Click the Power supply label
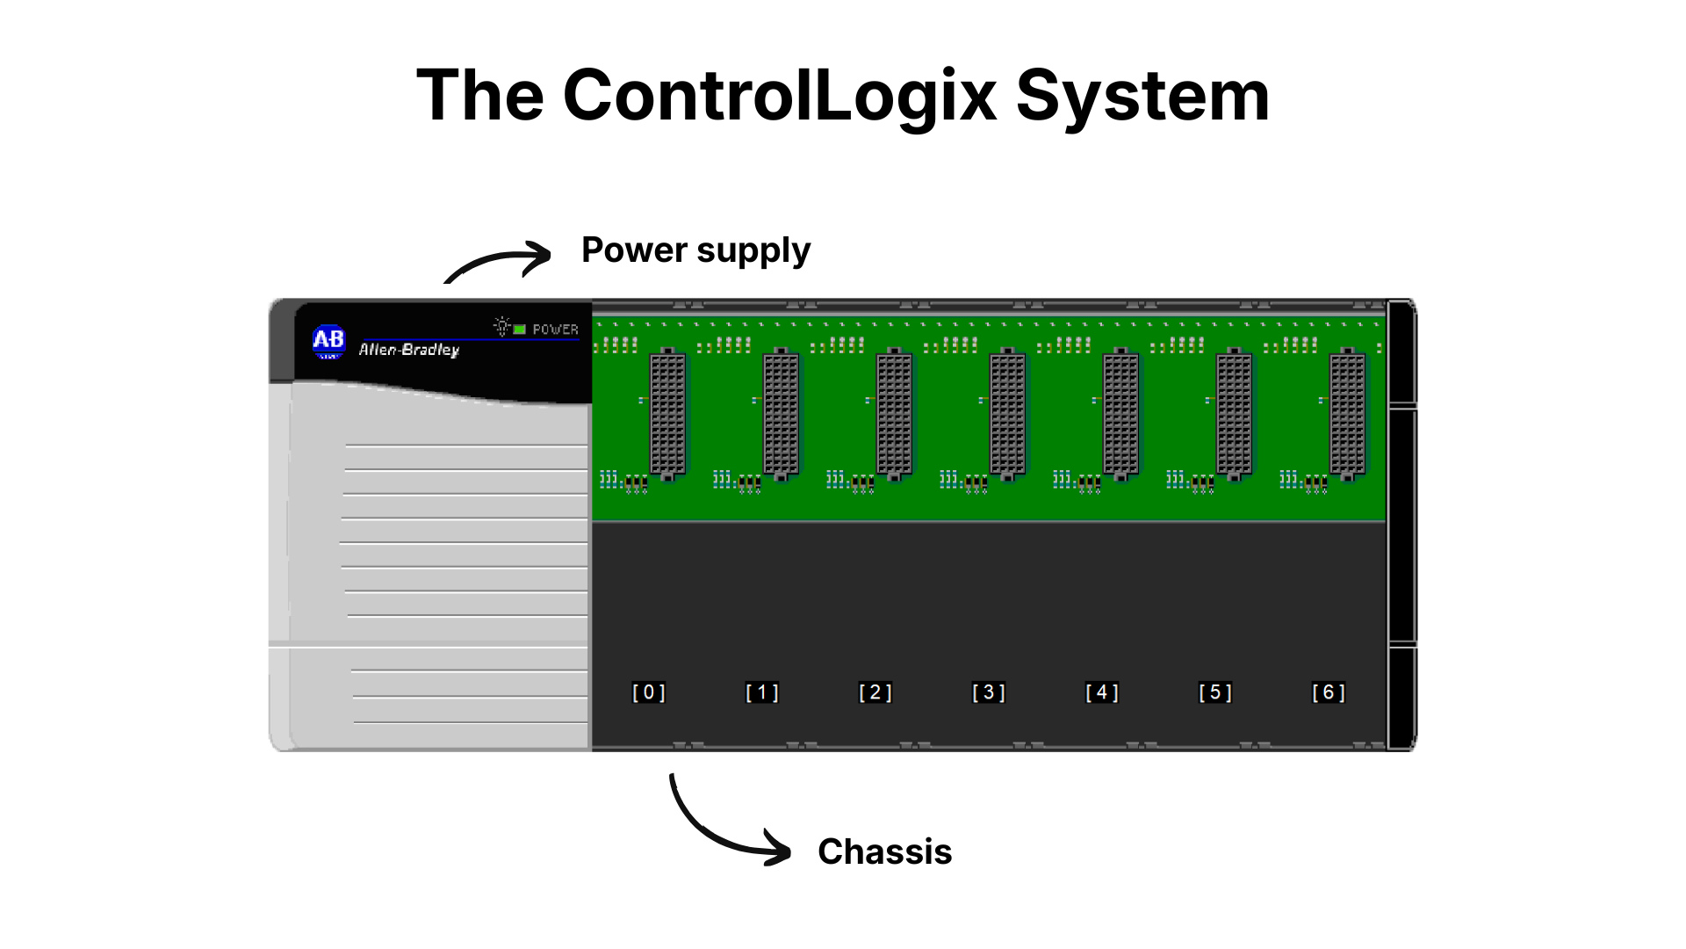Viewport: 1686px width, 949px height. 695,251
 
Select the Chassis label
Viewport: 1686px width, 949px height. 884,851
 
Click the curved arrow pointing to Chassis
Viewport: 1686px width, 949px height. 711,836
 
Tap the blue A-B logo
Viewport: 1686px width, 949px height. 329,342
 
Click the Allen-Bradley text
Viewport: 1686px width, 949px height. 409,350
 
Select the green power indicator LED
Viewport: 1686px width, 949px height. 520,330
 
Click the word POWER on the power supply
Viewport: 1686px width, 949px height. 556,330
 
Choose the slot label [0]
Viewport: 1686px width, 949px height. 649,692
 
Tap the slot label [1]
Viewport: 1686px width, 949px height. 762,692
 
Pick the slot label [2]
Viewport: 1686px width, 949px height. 875,692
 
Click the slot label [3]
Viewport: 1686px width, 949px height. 989,692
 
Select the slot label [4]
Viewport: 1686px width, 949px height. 1102,692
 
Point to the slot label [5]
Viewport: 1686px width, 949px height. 1215,692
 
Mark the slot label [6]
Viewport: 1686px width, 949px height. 1329,692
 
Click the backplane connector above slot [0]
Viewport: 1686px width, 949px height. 667,414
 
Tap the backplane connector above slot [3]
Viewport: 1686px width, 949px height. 1007,414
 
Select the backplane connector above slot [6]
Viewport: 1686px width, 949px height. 1347,414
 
